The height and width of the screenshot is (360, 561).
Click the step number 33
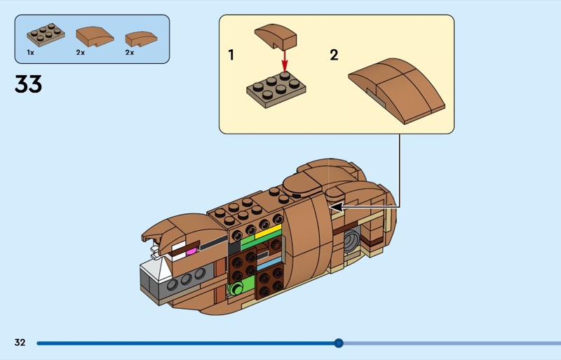[28, 85]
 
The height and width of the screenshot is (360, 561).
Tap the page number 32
[20, 342]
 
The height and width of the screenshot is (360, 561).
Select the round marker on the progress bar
[339, 343]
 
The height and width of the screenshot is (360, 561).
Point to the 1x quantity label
[30, 53]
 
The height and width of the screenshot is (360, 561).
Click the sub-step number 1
[231, 55]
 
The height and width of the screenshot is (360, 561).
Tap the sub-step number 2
[334, 55]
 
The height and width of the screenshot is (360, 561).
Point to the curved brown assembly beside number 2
[396, 88]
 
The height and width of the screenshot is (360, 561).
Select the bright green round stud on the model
[236, 288]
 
